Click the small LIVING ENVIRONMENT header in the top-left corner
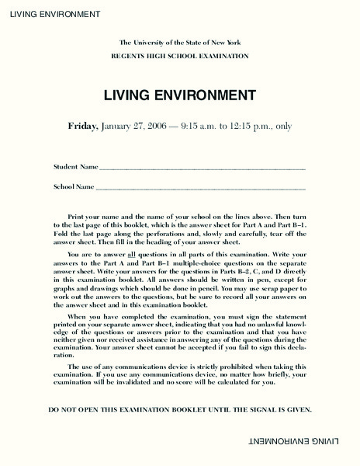(51, 14)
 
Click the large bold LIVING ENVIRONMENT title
(180, 96)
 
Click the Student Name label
(76, 167)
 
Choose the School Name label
(74, 187)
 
